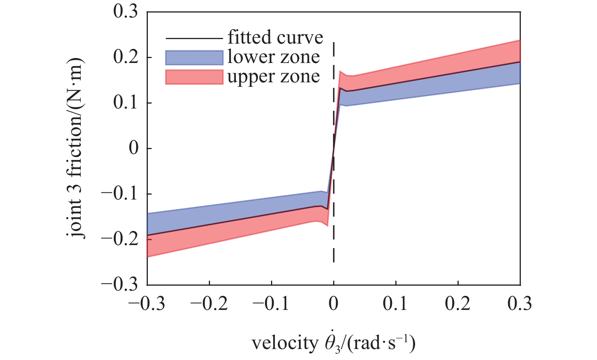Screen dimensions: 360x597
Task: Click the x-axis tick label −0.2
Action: click(x=209, y=304)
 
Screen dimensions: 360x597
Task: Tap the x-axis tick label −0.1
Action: click(x=271, y=304)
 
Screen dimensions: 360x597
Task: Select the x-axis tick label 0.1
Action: click(x=396, y=304)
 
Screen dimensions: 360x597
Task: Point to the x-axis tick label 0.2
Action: click(x=458, y=304)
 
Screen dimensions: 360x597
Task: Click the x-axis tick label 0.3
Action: click(x=520, y=304)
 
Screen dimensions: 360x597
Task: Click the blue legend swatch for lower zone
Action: click(x=194, y=58)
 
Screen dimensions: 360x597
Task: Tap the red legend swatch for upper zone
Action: click(x=194, y=77)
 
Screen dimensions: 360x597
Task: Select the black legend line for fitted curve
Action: click(x=194, y=38)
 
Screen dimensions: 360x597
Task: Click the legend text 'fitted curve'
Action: click(x=275, y=38)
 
